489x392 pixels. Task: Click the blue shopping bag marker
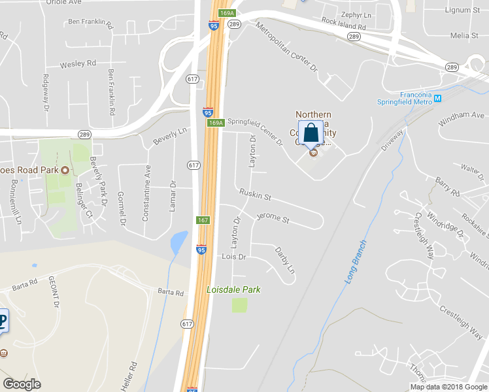[311, 133]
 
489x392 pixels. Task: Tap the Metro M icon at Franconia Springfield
[438, 99]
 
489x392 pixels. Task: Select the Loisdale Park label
[233, 289]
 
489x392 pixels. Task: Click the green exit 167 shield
[203, 220]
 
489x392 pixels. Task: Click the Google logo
[22, 384]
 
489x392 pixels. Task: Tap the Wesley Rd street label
[78, 64]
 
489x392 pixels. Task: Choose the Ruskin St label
[255, 195]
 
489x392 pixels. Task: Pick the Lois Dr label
[233, 257]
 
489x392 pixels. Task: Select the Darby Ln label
[285, 259]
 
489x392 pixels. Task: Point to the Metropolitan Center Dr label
[286, 47]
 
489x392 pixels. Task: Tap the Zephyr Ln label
[356, 14]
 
